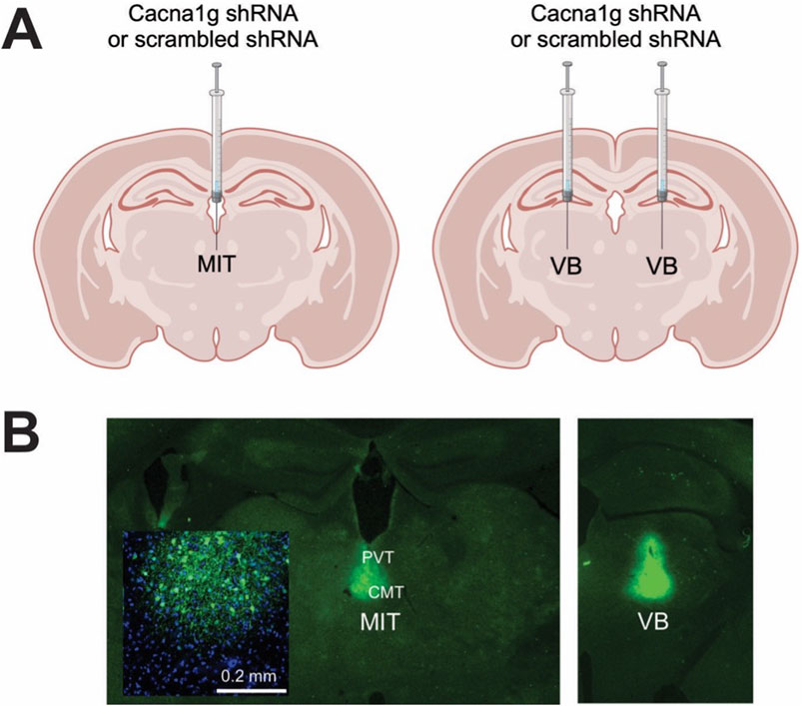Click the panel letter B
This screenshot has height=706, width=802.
22,435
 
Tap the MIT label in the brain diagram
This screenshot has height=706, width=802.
217,265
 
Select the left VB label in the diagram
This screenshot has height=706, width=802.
566,266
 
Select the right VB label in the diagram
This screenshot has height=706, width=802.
662,266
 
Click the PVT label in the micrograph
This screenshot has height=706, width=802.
378,557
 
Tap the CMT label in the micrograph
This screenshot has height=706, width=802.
387,592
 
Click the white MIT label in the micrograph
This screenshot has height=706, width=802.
381,622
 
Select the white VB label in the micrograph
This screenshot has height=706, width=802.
653,622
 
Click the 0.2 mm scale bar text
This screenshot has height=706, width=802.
249,676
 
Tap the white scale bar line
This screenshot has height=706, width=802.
251,690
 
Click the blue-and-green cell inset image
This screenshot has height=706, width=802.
206,613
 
